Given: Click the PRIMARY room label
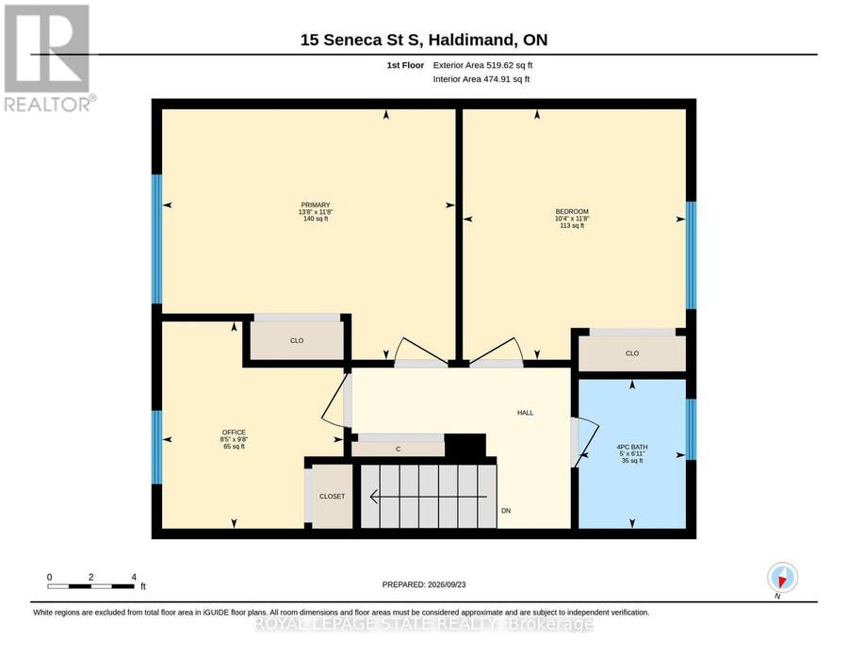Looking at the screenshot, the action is click(x=316, y=205).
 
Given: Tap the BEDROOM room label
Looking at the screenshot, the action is click(x=572, y=211).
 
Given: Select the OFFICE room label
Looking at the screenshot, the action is click(x=234, y=433).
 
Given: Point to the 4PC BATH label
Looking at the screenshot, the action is click(x=631, y=448).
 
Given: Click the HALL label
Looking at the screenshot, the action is click(x=525, y=413).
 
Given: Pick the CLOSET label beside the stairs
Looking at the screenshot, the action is click(x=332, y=496).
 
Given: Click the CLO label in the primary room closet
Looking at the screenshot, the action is click(x=297, y=341).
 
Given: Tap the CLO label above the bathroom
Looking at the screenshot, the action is click(x=632, y=353).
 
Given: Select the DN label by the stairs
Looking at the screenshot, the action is click(x=506, y=511).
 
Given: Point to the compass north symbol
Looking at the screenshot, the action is click(x=782, y=578).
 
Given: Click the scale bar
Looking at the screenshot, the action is click(x=90, y=586).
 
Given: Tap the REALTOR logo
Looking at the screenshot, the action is click(x=48, y=58).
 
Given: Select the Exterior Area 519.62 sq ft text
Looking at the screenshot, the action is click(x=483, y=65).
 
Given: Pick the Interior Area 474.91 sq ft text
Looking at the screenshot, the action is click(x=481, y=79).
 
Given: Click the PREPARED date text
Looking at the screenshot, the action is click(x=424, y=584).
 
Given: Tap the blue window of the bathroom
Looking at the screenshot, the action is click(x=692, y=430).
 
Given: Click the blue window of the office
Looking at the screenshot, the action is click(x=156, y=448).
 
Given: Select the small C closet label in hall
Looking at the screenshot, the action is click(x=398, y=449).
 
